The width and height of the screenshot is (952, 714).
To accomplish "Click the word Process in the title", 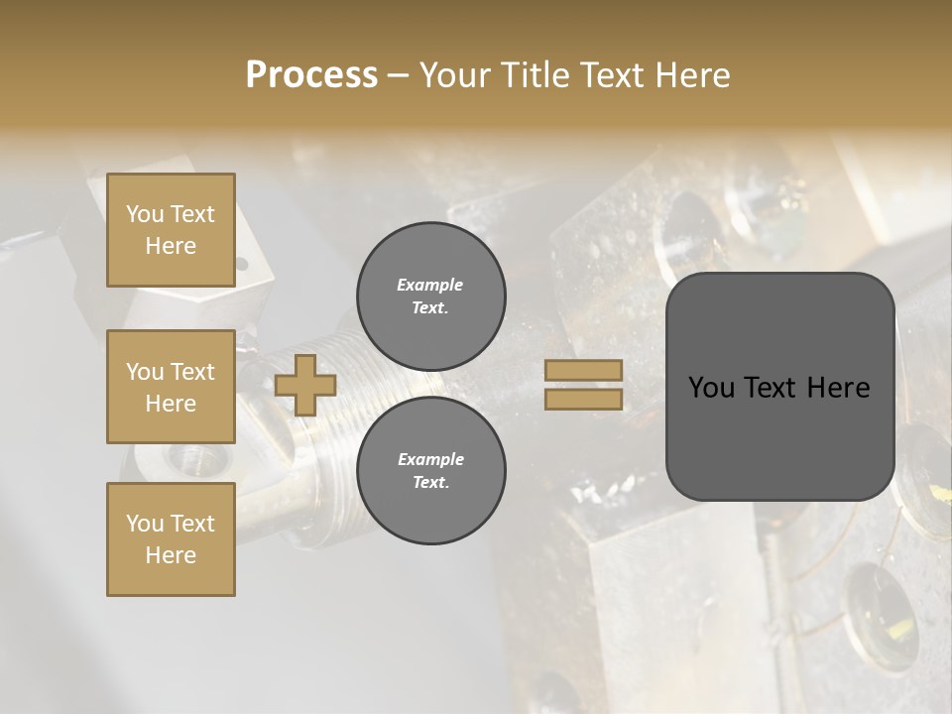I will (311, 75).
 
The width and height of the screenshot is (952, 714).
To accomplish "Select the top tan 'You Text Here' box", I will (171, 230).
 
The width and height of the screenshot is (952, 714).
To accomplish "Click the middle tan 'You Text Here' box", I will (171, 387).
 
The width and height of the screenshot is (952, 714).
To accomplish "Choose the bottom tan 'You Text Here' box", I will (171, 539).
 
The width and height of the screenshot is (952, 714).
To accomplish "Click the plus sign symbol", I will (305, 385).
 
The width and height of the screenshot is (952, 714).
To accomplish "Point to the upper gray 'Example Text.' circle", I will (430, 296).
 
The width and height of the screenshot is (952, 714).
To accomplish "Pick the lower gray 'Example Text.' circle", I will (430, 470).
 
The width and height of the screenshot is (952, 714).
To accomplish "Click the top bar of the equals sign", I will (584, 370).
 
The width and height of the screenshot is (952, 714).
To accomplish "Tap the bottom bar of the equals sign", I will (584, 399).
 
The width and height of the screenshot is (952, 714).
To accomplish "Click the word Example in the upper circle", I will (430, 285).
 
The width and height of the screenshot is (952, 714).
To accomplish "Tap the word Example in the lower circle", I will (430, 459).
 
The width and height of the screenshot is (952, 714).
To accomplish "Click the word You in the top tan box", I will (145, 214).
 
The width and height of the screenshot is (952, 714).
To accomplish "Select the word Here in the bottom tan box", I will (171, 555).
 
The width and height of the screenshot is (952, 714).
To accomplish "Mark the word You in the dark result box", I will (711, 388).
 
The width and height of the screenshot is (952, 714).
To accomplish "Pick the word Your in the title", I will (454, 75).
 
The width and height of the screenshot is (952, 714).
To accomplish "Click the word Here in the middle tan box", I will (171, 404).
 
